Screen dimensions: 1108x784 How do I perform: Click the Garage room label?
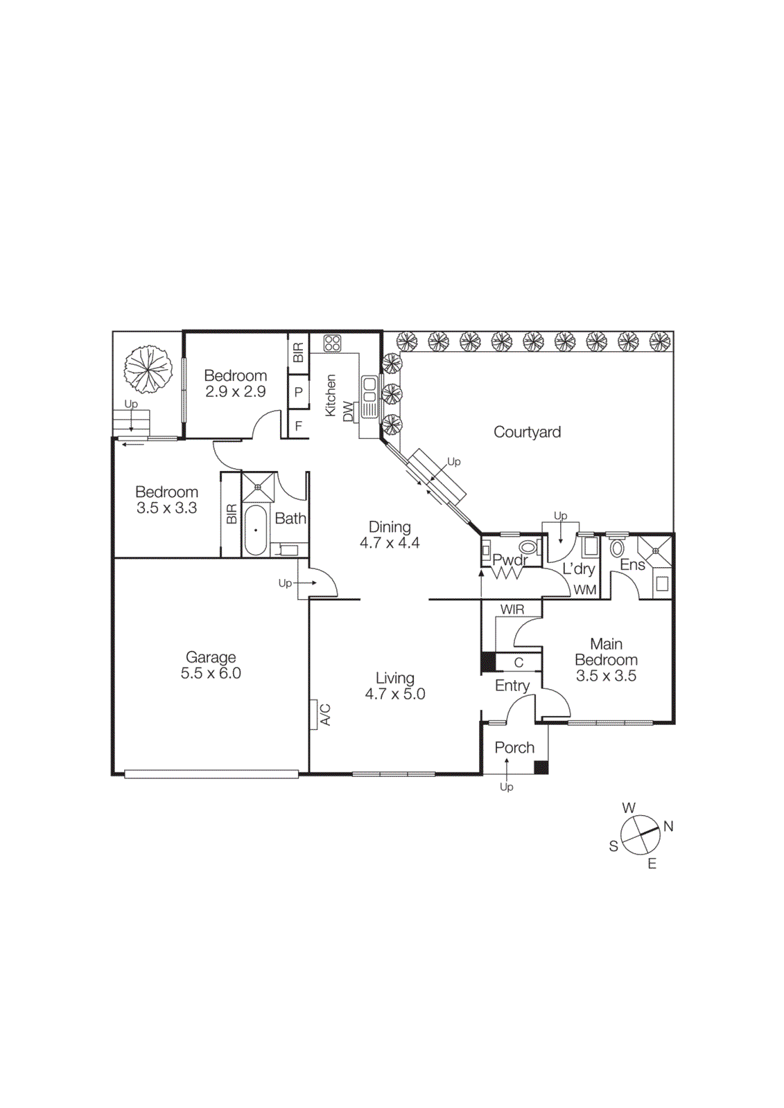tap(211, 657)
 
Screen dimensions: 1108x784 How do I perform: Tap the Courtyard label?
tap(527, 432)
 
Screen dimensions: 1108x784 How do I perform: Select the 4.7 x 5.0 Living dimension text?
tap(395, 695)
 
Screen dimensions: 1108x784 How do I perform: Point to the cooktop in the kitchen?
tap(333, 343)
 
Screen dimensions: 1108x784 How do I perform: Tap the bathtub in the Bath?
tap(255, 530)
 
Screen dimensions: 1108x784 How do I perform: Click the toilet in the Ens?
tap(617, 549)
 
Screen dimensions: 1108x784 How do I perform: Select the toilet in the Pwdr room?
tap(528, 548)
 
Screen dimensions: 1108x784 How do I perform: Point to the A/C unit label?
tap(325, 715)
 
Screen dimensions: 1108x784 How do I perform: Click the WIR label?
tap(512, 609)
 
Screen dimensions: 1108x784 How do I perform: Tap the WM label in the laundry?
tap(585, 590)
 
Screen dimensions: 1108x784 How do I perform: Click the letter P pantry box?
tap(299, 392)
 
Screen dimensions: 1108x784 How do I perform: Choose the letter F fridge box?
tap(299, 426)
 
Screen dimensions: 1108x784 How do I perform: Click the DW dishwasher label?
tap(348, 411)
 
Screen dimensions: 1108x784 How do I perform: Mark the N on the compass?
tap(668, 826)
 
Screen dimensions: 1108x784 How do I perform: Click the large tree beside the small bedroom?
tap(148, 369)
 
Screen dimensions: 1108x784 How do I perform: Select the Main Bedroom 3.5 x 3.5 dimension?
tap(606, 676)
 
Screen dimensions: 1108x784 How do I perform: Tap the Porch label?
tap(514, 748)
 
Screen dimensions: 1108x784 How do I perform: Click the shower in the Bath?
tap(259, 488)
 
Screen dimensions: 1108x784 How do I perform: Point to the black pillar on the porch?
tap(541, 767)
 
